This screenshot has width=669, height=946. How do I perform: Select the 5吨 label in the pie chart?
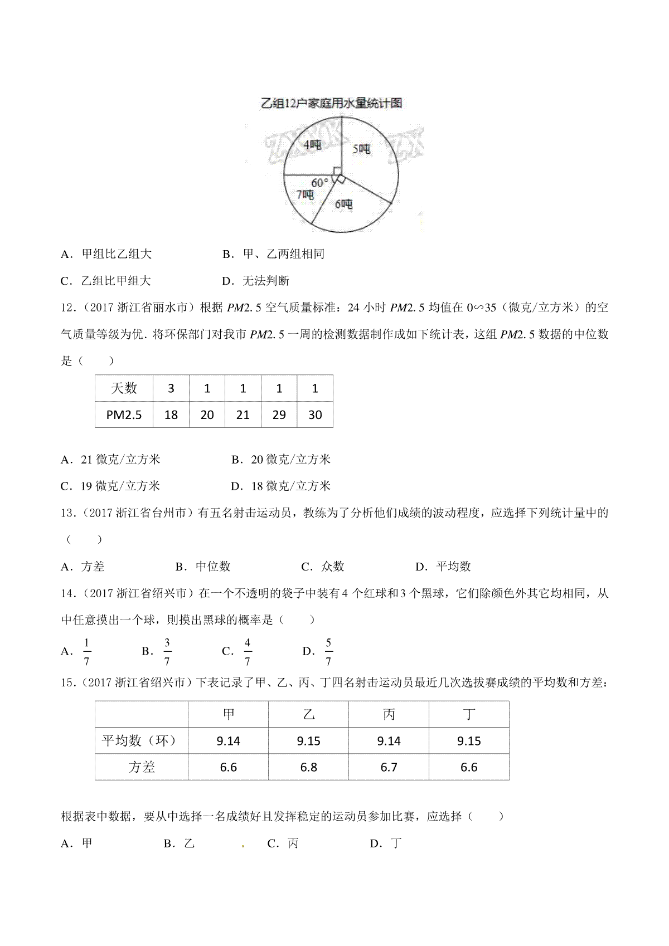tap(361, 149)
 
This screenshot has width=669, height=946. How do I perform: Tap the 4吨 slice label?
tap(312, 145)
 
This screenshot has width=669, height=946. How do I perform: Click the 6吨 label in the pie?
tap(343, 204)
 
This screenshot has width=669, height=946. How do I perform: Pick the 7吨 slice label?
tap(304, 194)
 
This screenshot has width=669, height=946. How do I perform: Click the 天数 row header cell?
tap(124, 388)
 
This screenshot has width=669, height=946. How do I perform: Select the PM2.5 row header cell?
tap(124, 415)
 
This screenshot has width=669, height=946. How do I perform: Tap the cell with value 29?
tap(279, 415)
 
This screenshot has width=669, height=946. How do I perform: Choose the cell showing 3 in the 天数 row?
tap(171, 388)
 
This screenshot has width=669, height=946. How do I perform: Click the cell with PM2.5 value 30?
tap(315, 415)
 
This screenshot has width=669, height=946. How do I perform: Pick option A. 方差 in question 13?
tap(83, 567)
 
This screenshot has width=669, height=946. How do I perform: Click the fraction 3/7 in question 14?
tap(167, 651)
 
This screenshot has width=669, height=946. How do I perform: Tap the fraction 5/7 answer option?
tap(328, 651)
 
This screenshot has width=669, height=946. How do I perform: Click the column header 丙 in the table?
tap(389, 714)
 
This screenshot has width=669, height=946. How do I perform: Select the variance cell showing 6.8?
tap(308, 767)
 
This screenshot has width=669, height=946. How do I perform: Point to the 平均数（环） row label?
tap(142, 741)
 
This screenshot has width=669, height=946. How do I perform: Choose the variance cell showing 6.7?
tap(389, 767)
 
